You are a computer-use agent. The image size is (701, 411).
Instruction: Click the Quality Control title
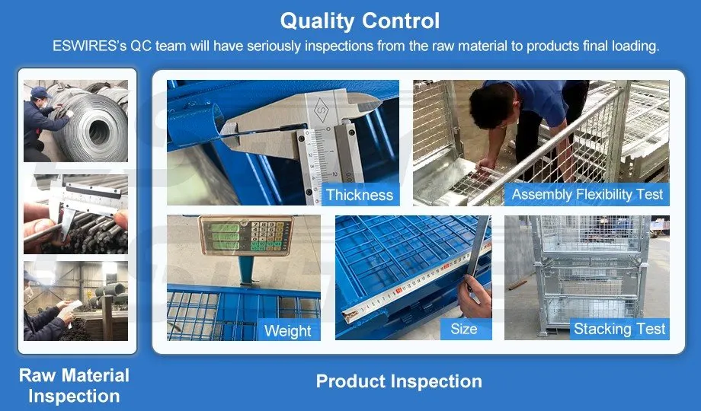pyautogui.click(x=360, y=21)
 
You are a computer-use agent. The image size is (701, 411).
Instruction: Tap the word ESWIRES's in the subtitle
pyautogui.click(x=89, y=46)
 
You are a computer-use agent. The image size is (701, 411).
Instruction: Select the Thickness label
pyautogui.click(x=360, y=195)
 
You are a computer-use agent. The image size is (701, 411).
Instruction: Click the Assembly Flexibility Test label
pyautogui.click(x=587, y=194)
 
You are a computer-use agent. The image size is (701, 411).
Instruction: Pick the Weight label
pyautogui.click(x=287, y=330)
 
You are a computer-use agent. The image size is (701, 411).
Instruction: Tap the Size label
pyautogui.click(x=463, y=329)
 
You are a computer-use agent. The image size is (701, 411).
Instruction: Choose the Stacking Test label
pyautogui.click(x=619, y=329)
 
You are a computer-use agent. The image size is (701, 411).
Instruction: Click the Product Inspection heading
pyautogui.click(x=399, y=381)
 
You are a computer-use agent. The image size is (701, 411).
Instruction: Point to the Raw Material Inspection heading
pyautogui.click(x=74, y=386)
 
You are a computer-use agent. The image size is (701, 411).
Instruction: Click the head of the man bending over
pyautogui.click(x=491, y=106)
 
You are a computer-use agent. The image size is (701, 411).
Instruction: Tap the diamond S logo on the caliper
pyautogui.click(x=322, y=109)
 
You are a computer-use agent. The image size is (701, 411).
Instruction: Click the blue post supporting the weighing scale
pyautogui.click(x=246, y=271)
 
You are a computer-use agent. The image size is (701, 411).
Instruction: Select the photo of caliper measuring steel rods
pyautogui.click(x=75, y=214)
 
